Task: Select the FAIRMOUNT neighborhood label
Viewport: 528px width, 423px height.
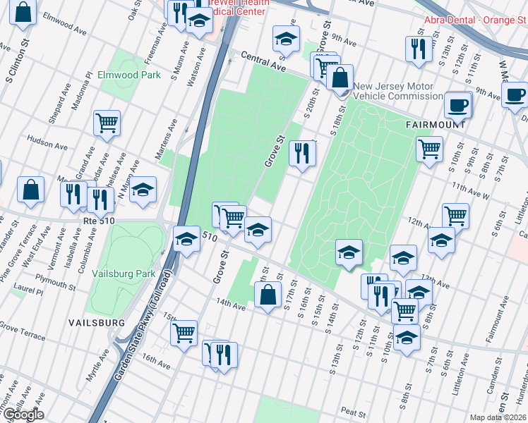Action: point(436,124)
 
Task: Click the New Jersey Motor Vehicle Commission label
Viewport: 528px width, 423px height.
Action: point(398,91)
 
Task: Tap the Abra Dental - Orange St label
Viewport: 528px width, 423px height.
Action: point(469,20)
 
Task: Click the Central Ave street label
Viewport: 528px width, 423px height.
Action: point(263,61)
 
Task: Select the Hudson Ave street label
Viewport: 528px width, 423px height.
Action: point(47,144)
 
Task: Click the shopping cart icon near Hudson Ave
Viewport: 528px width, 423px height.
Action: point(107,123)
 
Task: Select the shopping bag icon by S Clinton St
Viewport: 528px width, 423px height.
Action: point(23,11)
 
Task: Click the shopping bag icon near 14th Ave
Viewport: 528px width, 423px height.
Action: point(268,295)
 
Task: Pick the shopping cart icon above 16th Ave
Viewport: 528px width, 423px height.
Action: point(184,332)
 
